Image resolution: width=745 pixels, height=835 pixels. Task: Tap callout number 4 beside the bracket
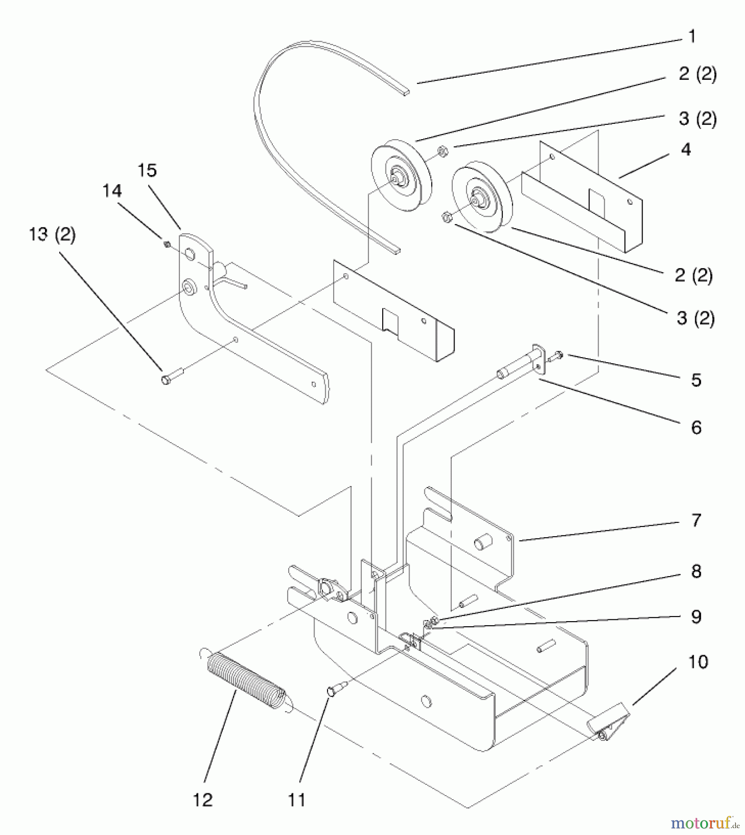686,149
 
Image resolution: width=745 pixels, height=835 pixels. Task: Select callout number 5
696,380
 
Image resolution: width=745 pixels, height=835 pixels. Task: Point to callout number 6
696,427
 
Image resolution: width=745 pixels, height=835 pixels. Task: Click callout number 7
696,520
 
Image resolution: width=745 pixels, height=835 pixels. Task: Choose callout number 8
696,572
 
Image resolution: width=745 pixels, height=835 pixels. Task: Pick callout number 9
696,617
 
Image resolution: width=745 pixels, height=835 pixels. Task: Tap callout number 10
698,662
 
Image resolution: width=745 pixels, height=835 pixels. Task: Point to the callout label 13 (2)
52,234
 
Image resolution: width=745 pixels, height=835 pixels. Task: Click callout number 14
112,191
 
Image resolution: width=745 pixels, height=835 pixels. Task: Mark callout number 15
147,171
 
